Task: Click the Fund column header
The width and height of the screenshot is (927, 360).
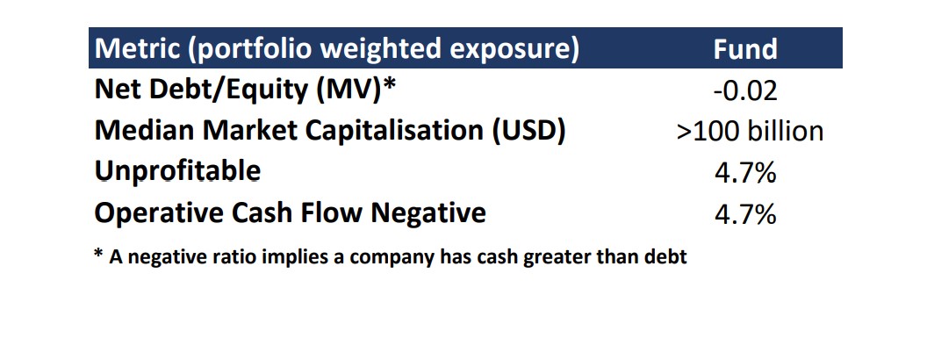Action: [x=745, y=48]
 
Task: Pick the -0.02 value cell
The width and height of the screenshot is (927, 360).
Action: [x=745, y=90]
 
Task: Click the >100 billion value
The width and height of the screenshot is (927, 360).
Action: [x=750, y=131]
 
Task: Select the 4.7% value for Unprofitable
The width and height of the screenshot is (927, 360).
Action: [x=745, y=173]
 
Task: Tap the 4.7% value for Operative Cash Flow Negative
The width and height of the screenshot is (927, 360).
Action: [x=745, y=214]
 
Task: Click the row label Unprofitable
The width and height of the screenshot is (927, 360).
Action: [x=177, y=172]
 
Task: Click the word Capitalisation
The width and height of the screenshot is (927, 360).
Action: [x=394, y=132]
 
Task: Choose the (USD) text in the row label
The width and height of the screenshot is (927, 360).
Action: [x=528, y=132]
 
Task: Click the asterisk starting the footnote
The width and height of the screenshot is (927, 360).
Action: [x=98, y=254]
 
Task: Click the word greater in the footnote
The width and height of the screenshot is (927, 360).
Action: [x=557, y=258]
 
